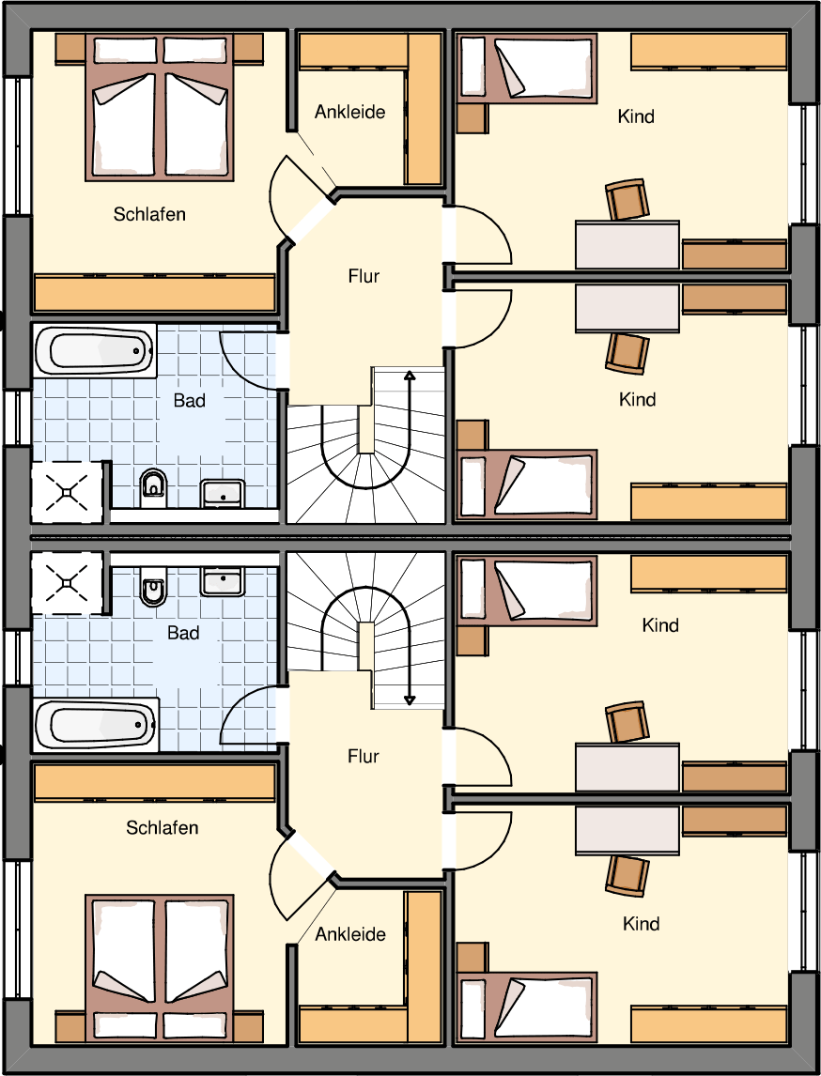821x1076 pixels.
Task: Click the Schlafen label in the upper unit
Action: click(x=149, y=215)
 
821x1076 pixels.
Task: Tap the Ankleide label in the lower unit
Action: click(x=350, y=934)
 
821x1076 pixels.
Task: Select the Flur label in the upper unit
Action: click(x=364, y=277)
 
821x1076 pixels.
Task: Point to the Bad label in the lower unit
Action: click(x=184, y=632)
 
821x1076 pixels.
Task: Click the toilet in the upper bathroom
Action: click(x=152, y=484)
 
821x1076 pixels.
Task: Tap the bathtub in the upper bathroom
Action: click(x=96, y=350)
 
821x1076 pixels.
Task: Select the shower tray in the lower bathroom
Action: click(x=68, y=583)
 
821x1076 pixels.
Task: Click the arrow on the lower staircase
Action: click(x=410, y=656)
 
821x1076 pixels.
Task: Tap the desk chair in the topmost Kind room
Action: click(x=627, y=200)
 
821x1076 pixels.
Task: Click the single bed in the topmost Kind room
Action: click(x=526, y=68)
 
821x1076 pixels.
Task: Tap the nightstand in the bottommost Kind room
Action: click(x=472, y=958)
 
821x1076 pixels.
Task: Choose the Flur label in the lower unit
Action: click(x=364, y=756)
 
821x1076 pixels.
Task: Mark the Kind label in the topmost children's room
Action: click(x=636, y=116)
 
